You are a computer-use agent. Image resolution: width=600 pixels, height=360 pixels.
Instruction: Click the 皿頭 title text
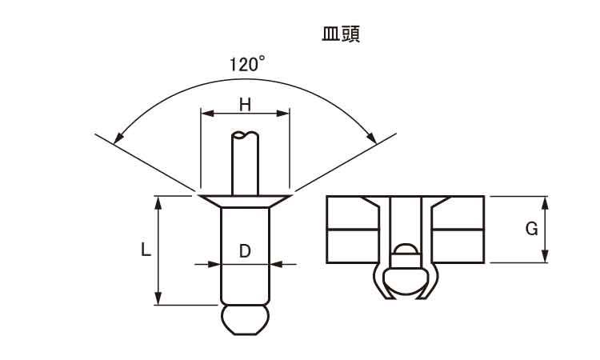click(x=341, y=34)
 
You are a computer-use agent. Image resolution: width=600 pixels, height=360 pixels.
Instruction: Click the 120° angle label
click(x=247, y=63)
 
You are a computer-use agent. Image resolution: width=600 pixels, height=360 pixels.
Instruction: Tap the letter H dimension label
click(x=245, y=105)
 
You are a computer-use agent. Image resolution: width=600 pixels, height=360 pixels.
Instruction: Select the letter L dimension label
click(x=146, y=250)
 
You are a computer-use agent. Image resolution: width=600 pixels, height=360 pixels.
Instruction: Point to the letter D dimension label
click(x=245, y=251)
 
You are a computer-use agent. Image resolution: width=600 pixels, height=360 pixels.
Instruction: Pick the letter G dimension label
click(x=531, y=229)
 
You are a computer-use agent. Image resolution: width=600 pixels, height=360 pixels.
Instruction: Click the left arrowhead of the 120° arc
click(x=119, y=138)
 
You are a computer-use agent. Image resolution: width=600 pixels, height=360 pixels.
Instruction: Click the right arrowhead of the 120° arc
click(x=371, y=138)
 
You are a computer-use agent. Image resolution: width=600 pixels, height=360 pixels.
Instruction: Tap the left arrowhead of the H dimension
click(x=207, y=114)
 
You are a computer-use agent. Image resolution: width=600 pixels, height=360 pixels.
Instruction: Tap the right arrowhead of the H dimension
click(x=282, y=114)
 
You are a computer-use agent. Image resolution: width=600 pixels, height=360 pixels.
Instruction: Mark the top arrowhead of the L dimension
click(x=158, y=202)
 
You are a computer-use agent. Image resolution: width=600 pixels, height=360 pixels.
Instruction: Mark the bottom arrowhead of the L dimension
click(x=158, y=298)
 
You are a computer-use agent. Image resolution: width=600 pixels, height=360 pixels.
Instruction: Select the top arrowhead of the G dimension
click(x=546, y=202)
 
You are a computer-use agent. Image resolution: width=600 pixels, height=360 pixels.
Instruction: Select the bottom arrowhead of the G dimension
click(x=546, y=256)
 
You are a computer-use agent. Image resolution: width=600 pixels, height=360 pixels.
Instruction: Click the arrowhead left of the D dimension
click(x=214, y=264)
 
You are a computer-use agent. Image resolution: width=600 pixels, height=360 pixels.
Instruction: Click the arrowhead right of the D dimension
click(x=276, y=264)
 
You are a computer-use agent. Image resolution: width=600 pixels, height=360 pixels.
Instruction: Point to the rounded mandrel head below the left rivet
click(x=246, y=320)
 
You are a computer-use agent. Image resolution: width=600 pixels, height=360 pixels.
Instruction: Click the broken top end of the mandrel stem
click(x=246, y=134)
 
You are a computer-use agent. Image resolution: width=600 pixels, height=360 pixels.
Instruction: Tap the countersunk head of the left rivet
click(x=246, y=202)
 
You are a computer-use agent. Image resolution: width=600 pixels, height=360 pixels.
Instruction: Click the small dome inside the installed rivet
click(x=406, y=249)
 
